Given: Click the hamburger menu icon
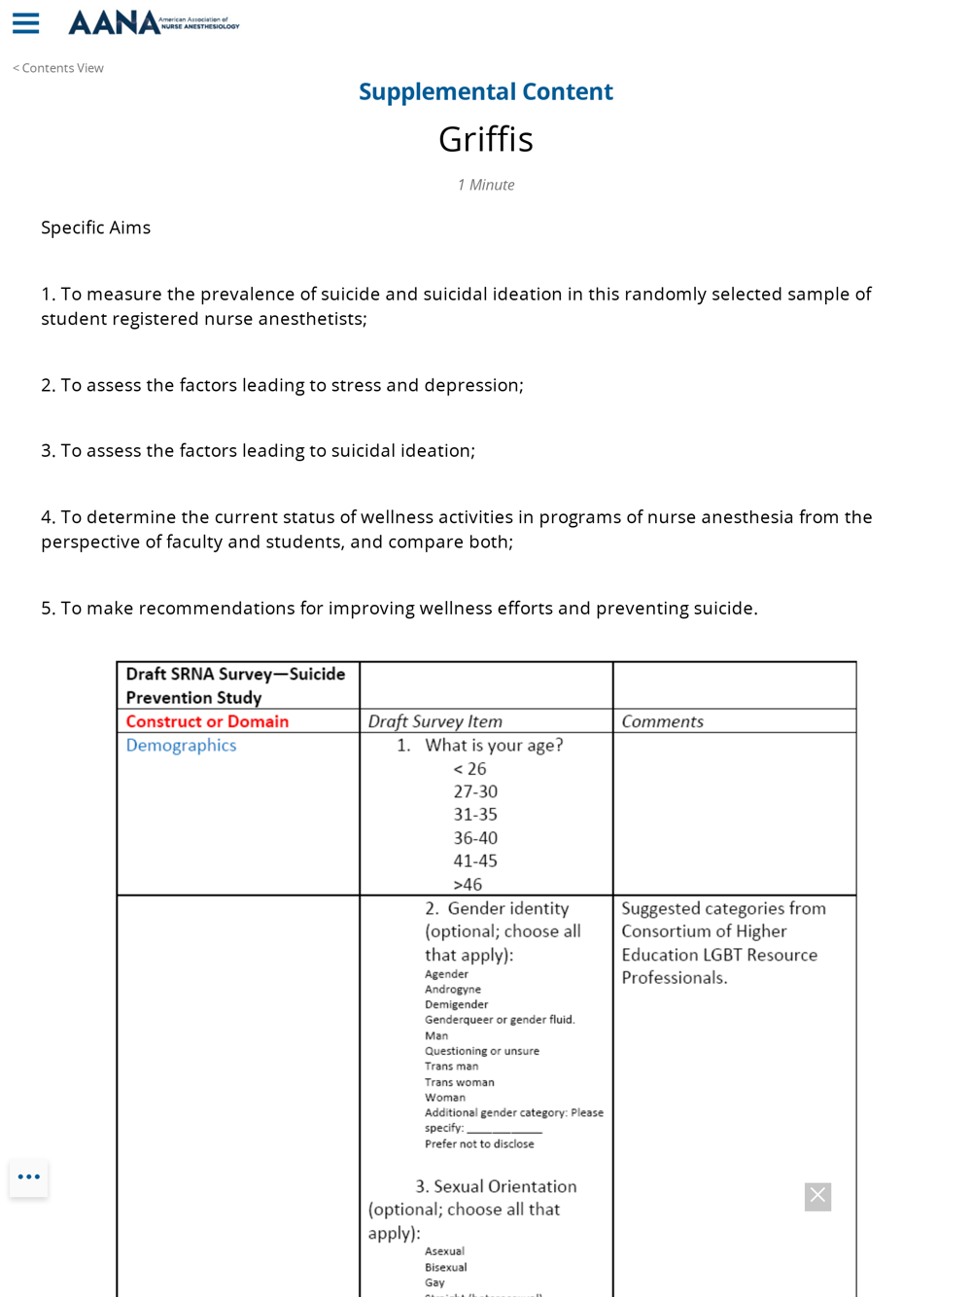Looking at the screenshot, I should [x=26, y=23].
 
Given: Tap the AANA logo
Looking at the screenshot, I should [x=154, y=22].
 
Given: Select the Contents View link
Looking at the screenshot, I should [x=58, y=68].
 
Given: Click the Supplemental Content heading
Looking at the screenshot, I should [x=486, y=91].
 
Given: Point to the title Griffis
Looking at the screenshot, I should [x=486, y=139].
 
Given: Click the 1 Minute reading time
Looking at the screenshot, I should [x=486, y=185].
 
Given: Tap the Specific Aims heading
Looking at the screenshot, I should [x=95, y=228].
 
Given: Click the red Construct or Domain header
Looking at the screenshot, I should [x=207, y=721].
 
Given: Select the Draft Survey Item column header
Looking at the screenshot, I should [x=435, y=721].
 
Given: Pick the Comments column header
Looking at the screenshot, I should [x=662, y=721].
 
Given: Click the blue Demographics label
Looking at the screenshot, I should [x=181, y=746].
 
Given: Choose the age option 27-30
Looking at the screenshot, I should [x=475, y=791].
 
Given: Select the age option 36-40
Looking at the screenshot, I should [x=475, y=838].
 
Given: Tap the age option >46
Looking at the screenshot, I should [x=468, y=885].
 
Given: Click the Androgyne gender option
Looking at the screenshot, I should [x=453, y=990].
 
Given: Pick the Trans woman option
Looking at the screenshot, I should [x=460, y=1082].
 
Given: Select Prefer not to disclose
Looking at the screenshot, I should [x=479, y=1144].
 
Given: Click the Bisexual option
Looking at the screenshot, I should [x=446, y=1268].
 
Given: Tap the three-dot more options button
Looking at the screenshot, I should [x=29, y=1177].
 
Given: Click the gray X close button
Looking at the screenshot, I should [x=817, y=1196].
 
